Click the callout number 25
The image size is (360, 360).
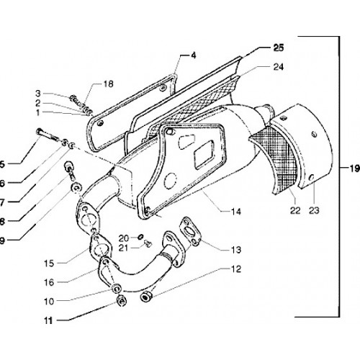coord(279,48)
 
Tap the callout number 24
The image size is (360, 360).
coord(279,67)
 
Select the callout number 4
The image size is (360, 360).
coord(194,55)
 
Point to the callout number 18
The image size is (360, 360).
coord(108,84)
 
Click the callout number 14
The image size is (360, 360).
coord(236,212)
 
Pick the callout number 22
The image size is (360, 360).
coord(295,210)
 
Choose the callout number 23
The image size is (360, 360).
coord(314,210)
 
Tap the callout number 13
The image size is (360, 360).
coord(236,250)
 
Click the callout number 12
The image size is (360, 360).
coord(236,269)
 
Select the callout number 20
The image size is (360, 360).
coord(124,238)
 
